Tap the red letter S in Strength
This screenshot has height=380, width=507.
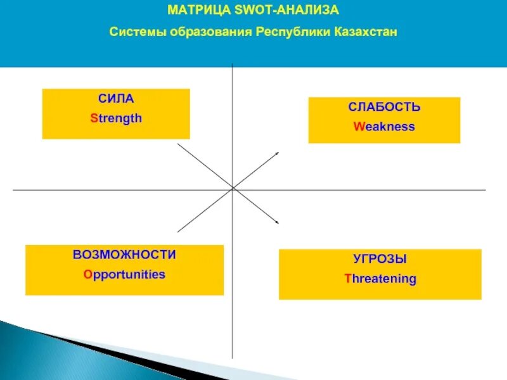point(93,118)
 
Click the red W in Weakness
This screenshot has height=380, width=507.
point(357,127)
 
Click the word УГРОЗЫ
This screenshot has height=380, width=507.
point(380,259)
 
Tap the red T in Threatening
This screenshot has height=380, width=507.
point(347,279)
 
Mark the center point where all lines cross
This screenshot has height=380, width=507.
point(233,189)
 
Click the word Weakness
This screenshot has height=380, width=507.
point(384,127)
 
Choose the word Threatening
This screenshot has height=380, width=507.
point(380,279)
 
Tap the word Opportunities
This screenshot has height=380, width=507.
point(124,275)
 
